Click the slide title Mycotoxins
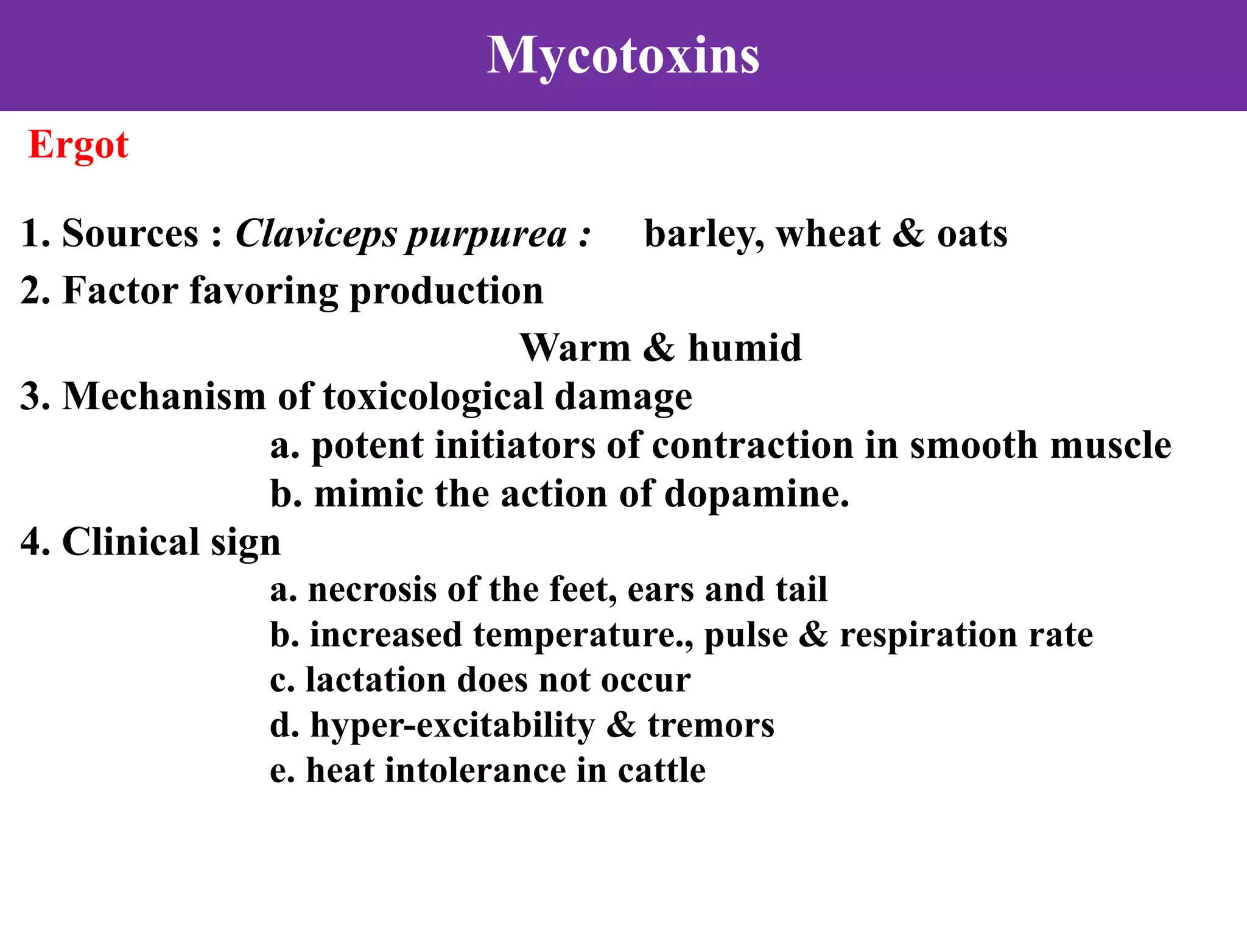pyautogui.click(x=623, y=56)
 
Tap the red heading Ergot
pyautogui.click(x=78, y=145)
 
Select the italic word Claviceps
pyautogui.click(x=316, y=234)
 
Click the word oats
pyautogui.click(x=972, y=234)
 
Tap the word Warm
pyautogui.click(x=575, y=348)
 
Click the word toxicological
pyautogui.click(x=432, y=397)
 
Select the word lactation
pyautogui.click(x=375, y=680)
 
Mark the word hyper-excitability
pyautogui.click(x=452, y=726)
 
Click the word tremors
pyautogui.click(x=711, y=726)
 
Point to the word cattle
pyautogui.click(x=662, y=771)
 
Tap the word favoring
pyautogui.click(x=264, y=291)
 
